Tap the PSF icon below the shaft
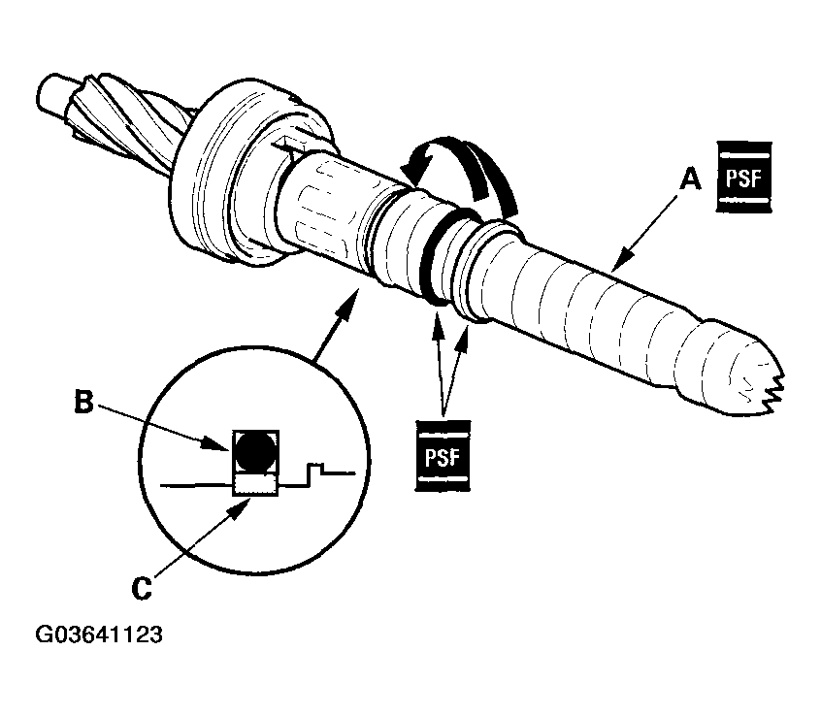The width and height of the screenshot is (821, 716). [441, 451]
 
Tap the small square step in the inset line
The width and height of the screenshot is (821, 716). [315, 472]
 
